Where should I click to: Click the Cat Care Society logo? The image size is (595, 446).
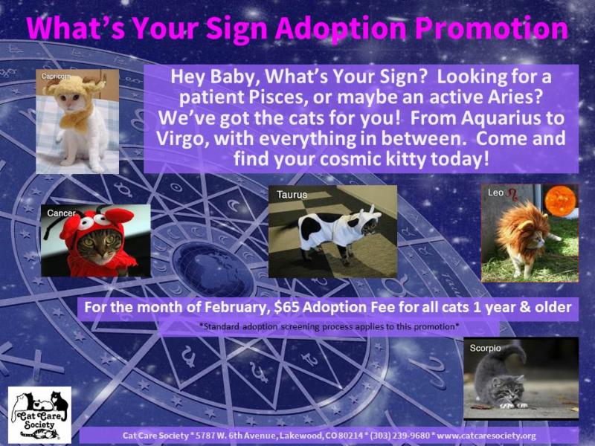39,415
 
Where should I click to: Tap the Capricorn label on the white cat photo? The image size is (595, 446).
56,77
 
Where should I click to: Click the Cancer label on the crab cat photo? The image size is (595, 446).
61,213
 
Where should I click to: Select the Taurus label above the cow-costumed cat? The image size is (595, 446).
292,195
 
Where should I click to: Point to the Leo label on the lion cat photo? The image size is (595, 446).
495,193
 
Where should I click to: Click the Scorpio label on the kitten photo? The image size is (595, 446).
485,348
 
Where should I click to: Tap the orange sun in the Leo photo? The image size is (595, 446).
560,201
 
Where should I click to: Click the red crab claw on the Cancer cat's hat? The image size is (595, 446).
120,216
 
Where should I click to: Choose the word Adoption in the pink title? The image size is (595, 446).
341,28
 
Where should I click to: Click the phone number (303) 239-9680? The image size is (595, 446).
400,436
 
